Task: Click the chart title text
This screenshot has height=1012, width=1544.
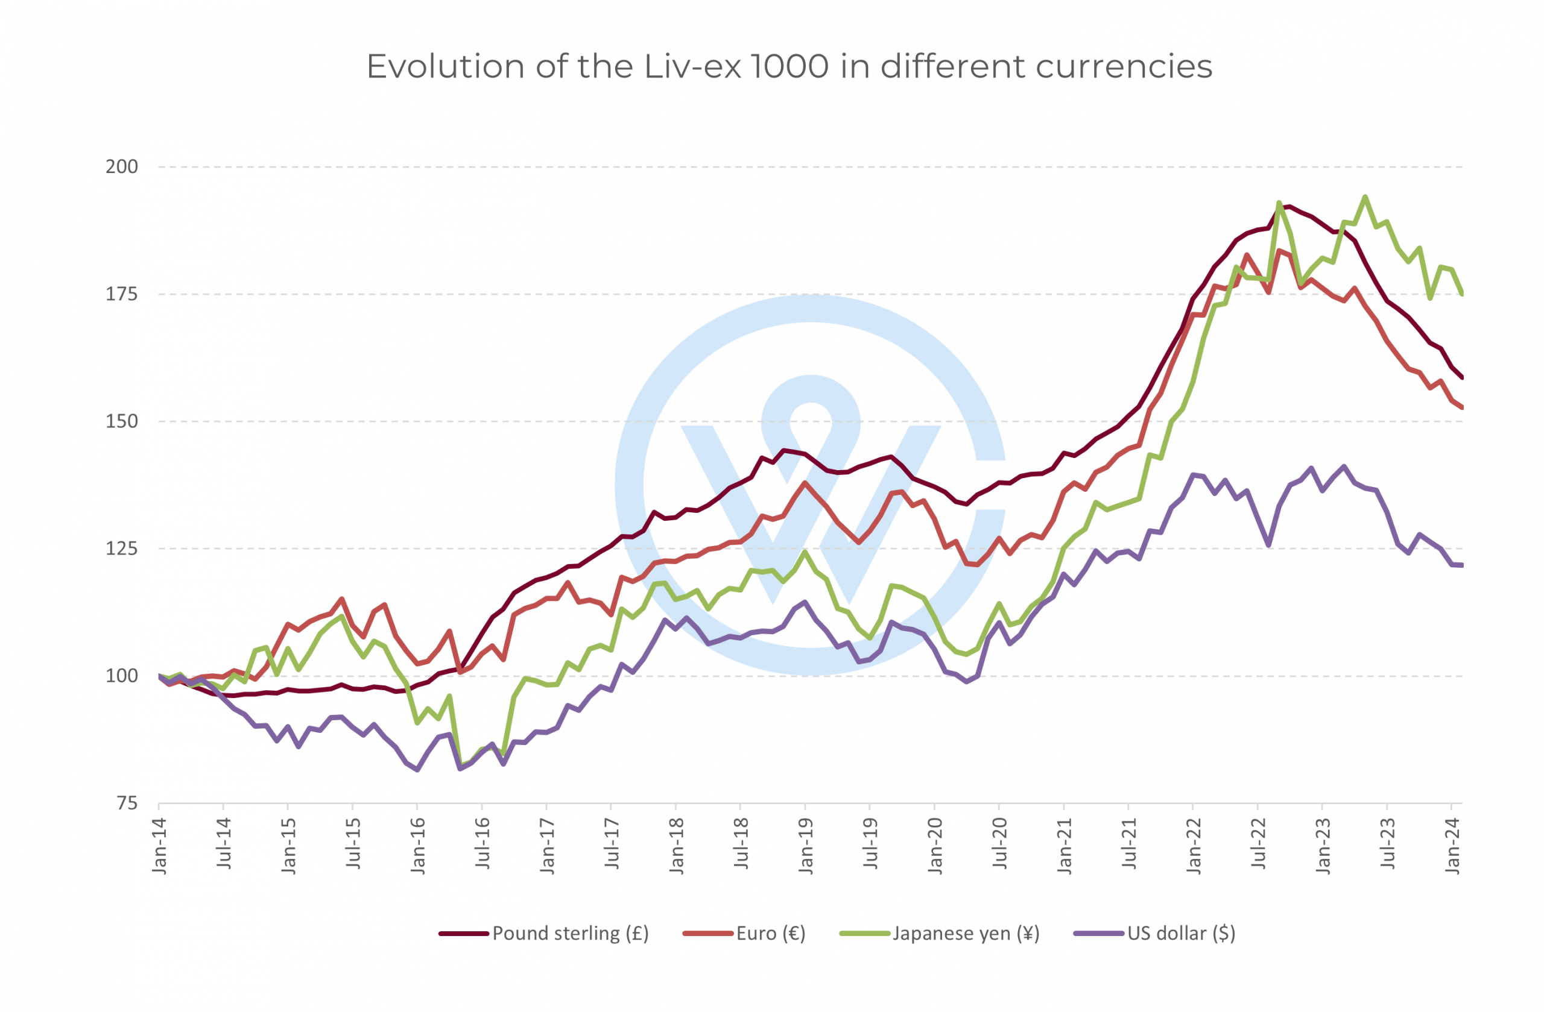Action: click(789, 67)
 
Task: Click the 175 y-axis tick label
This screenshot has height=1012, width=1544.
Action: click(122, 294)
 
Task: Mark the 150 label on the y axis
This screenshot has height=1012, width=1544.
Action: click(122, 421)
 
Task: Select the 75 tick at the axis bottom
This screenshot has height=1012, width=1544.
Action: click(127, 804)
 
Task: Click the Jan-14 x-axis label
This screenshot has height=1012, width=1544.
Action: click(160, 846)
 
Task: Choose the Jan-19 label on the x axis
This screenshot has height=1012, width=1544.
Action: click(806, 846)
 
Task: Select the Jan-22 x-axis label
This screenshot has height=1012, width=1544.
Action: click(1194, 846)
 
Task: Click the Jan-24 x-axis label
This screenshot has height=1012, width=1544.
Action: click(1452, 846)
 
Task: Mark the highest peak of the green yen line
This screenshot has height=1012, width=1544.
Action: click(1365, 197)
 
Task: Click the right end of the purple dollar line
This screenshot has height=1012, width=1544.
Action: click(1461, 565)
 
